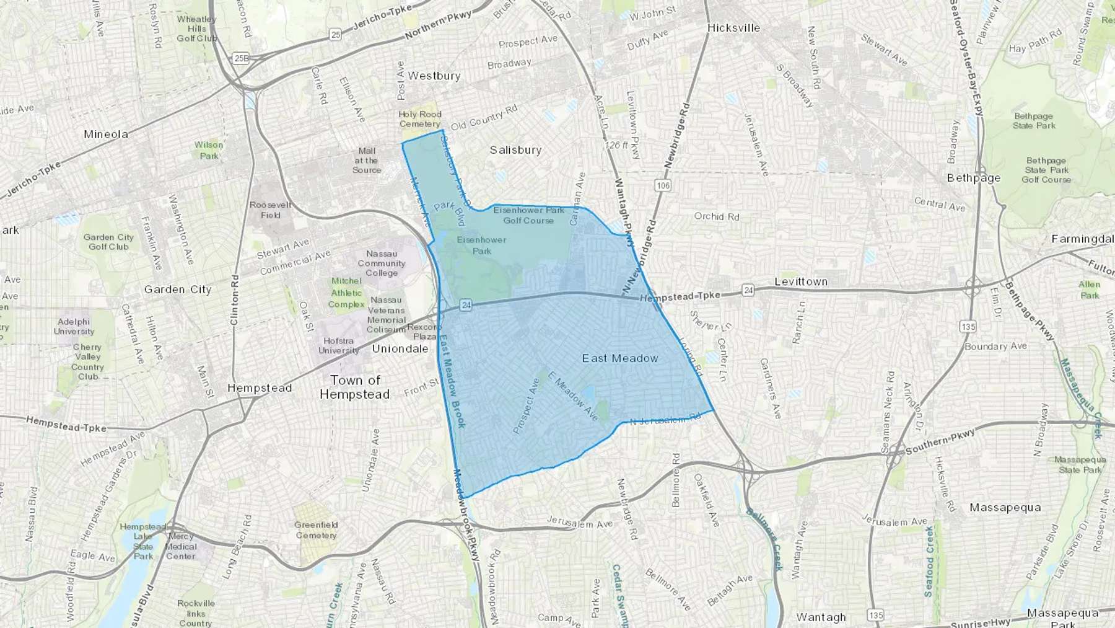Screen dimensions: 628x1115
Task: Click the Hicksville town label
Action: point(733,28)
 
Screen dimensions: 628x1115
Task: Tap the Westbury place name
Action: point(434,76)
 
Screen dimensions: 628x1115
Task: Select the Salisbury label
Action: point(515,150)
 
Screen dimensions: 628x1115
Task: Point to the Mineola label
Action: point(106,134)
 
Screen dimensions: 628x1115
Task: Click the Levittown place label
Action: point(801,281)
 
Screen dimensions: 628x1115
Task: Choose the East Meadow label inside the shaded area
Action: point(620,358)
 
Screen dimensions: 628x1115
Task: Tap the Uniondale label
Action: point(400,348)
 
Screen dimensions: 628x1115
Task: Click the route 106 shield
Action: point(663,185)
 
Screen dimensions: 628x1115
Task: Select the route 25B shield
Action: point(241,58)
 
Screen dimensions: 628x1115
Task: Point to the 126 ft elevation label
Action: point(616,145)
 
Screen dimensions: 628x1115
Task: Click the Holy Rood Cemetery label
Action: point(420,119)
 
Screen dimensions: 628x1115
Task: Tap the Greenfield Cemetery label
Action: point(316,530)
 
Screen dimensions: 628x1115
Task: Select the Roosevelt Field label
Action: point(270,210)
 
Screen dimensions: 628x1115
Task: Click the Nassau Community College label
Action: point(382,263)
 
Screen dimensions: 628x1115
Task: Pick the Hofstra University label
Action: point(338,345)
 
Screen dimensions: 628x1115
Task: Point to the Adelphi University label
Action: point(74,326)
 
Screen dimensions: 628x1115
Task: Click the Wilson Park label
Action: point(209,150)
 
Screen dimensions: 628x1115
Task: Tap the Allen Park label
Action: point(1089,290)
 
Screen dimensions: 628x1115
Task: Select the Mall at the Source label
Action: point(367,160)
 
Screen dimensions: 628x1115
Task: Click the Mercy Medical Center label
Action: point(181,546)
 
